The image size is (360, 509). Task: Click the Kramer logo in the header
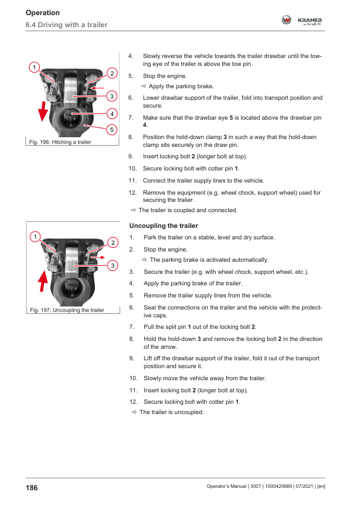click(301, 21)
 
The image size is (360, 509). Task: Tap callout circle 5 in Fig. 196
click(112, 129)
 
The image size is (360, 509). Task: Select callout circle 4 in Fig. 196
click(112, 114)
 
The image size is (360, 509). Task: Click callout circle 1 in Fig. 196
click(34, 68)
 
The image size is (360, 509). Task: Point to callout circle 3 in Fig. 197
click(112, 265)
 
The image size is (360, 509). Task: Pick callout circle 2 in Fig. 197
click(113, 242)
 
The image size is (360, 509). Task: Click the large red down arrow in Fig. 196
click(43, 111)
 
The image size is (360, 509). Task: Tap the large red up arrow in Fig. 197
click(43, 281)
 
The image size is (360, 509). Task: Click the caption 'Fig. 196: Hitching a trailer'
click(60, 142)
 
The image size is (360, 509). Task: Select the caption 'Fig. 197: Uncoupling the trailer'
click(67, 310)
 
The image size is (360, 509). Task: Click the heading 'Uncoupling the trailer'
click(164, 225)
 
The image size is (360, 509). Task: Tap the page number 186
click(32, 488)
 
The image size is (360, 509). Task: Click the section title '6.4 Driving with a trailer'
click(66, 25)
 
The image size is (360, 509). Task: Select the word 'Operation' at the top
click(43, 13)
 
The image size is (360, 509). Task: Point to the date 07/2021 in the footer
click(304, 486)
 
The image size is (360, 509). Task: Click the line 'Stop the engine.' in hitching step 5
click(165, 76)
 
